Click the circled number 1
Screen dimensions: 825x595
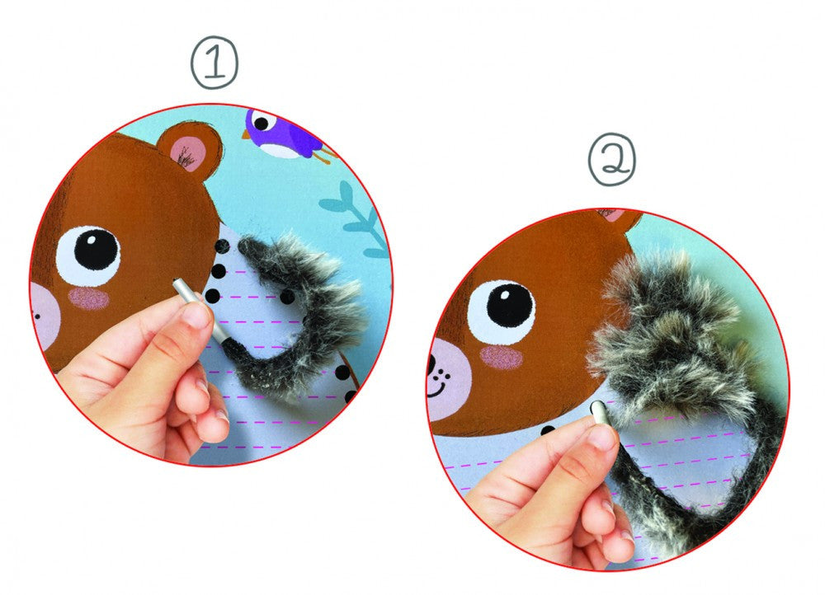click(214, 62)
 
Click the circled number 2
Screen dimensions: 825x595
click(611, 159)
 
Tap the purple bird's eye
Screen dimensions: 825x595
click(262, 124)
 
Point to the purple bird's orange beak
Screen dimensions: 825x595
click(246, 135)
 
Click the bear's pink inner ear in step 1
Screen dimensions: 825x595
click(187, 151)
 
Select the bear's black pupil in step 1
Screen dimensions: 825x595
click(97, 249)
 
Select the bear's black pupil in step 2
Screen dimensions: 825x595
click(510, 306)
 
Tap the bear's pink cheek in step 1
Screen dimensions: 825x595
click(88, 298)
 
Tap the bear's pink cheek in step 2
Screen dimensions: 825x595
click(502, 358)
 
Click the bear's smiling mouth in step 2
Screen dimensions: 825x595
click(436, 388)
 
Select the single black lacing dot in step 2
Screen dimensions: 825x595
click(547, 430)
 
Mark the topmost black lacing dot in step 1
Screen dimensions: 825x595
click(222, 246)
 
